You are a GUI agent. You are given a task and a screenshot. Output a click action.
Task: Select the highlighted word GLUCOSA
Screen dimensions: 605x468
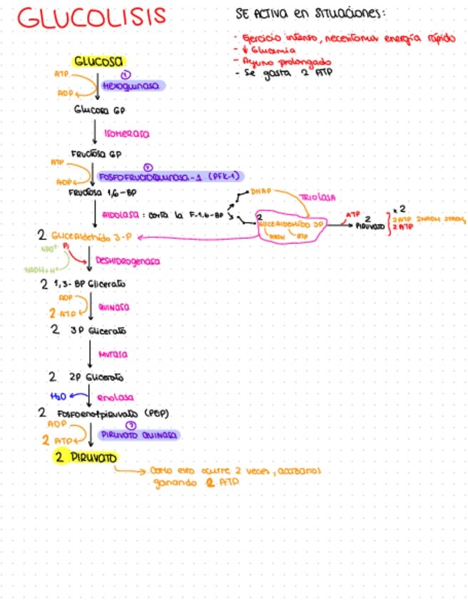click(98, 61)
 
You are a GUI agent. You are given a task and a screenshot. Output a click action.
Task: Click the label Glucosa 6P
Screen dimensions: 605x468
click(99, 111)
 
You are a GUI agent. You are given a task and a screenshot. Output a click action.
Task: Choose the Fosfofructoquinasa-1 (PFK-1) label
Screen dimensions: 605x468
click(170, 176)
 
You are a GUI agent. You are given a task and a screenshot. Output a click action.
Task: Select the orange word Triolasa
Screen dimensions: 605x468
click(317, 197)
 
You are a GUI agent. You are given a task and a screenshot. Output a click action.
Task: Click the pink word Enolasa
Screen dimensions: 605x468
click(115, 397)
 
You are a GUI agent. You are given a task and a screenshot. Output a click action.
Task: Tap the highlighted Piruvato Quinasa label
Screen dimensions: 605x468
click(140, 434)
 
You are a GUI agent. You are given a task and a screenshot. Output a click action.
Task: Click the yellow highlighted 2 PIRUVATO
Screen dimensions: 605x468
click(88, 457)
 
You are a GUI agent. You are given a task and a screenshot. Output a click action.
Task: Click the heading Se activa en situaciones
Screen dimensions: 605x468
click(310, 14)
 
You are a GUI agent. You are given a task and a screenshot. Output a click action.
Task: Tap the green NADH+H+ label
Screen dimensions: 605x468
click(41, 270)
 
